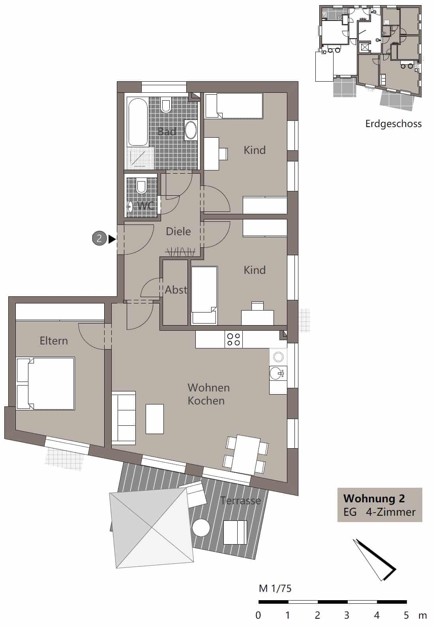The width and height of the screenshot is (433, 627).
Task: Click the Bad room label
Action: coord(167,131)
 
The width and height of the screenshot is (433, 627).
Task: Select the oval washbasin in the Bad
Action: coord(191,130)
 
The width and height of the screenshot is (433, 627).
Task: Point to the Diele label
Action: coord(178,232)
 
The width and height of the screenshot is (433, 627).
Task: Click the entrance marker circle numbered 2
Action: coord(99,238)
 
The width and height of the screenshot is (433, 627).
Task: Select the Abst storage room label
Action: coord(176,290)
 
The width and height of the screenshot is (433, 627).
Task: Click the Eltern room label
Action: coord(54,341)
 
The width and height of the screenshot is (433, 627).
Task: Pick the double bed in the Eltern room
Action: coord(45,384)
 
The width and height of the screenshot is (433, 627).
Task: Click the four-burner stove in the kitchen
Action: coord(234,339)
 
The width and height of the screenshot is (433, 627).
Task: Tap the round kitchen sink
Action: coord(278,357)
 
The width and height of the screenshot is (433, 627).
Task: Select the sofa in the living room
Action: coord(124,418)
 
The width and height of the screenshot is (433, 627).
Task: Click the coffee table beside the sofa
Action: coord(155,419)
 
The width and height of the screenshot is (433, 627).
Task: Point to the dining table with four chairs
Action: coord(246,455)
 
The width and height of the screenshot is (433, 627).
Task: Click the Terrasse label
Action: coord(241,500)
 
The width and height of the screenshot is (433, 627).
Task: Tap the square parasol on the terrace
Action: coord(152,528)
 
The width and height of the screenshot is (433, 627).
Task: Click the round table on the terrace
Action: coord(201,528)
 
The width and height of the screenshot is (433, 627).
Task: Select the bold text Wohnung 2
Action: coord(374,498)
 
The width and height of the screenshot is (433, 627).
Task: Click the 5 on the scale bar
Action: coord(407,615)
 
